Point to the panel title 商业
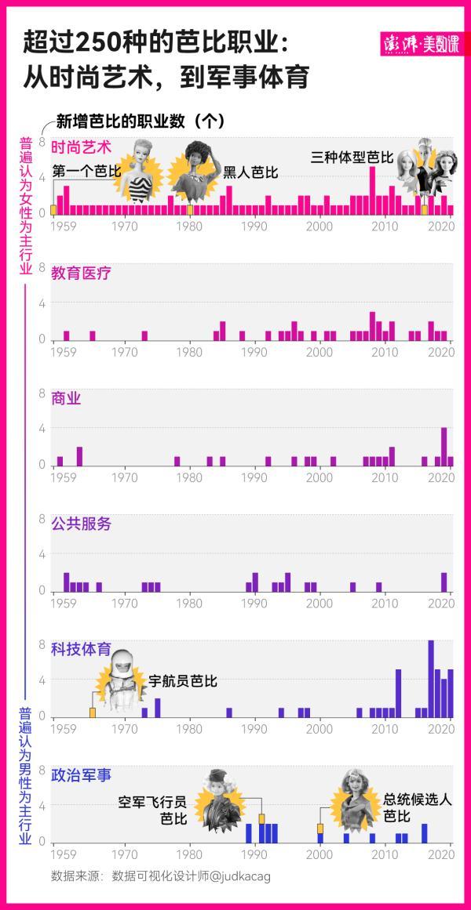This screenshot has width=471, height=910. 66,398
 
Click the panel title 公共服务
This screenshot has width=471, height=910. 81,524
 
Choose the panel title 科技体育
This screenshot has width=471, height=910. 81,649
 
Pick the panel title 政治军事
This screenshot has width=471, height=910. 81,775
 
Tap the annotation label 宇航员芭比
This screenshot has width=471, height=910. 183,681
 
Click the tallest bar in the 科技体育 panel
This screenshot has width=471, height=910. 431,678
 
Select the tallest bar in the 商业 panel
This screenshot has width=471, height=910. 444,446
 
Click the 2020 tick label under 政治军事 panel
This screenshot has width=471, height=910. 442,854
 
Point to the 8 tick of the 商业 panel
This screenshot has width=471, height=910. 42,392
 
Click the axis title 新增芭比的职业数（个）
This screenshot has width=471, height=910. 141,121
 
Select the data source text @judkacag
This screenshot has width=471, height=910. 233,876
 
